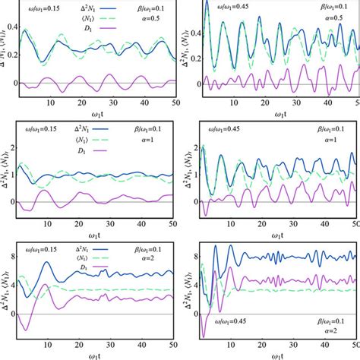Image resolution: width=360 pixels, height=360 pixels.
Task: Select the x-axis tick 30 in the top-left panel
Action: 112,102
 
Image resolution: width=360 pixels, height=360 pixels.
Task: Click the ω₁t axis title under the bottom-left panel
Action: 95,355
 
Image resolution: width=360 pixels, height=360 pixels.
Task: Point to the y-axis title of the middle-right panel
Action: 185,171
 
